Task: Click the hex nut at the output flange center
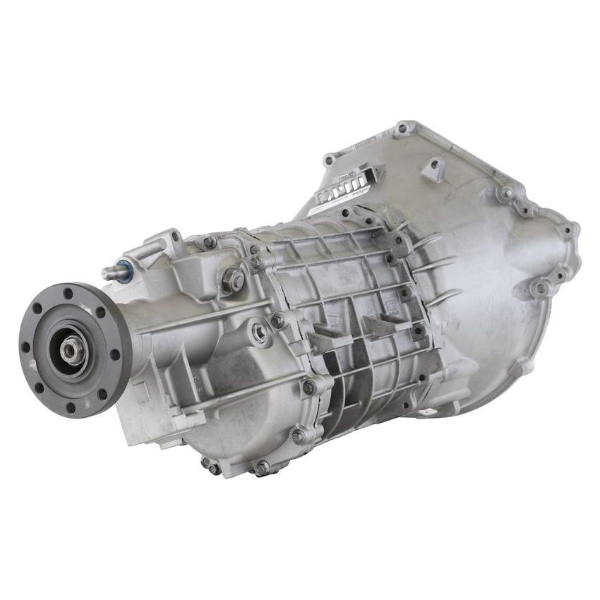(x=71, y=348)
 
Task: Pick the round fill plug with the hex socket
(x=260, y=333)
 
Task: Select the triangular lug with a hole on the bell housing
(x=432, y=169)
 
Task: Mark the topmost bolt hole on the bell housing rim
(x=404, y=128)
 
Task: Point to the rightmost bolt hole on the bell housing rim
(x=569, y=229)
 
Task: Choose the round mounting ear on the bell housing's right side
(x=541, y=287)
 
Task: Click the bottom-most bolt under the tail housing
(x=261, y=467)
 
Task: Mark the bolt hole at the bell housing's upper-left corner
(x=328, y=160)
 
